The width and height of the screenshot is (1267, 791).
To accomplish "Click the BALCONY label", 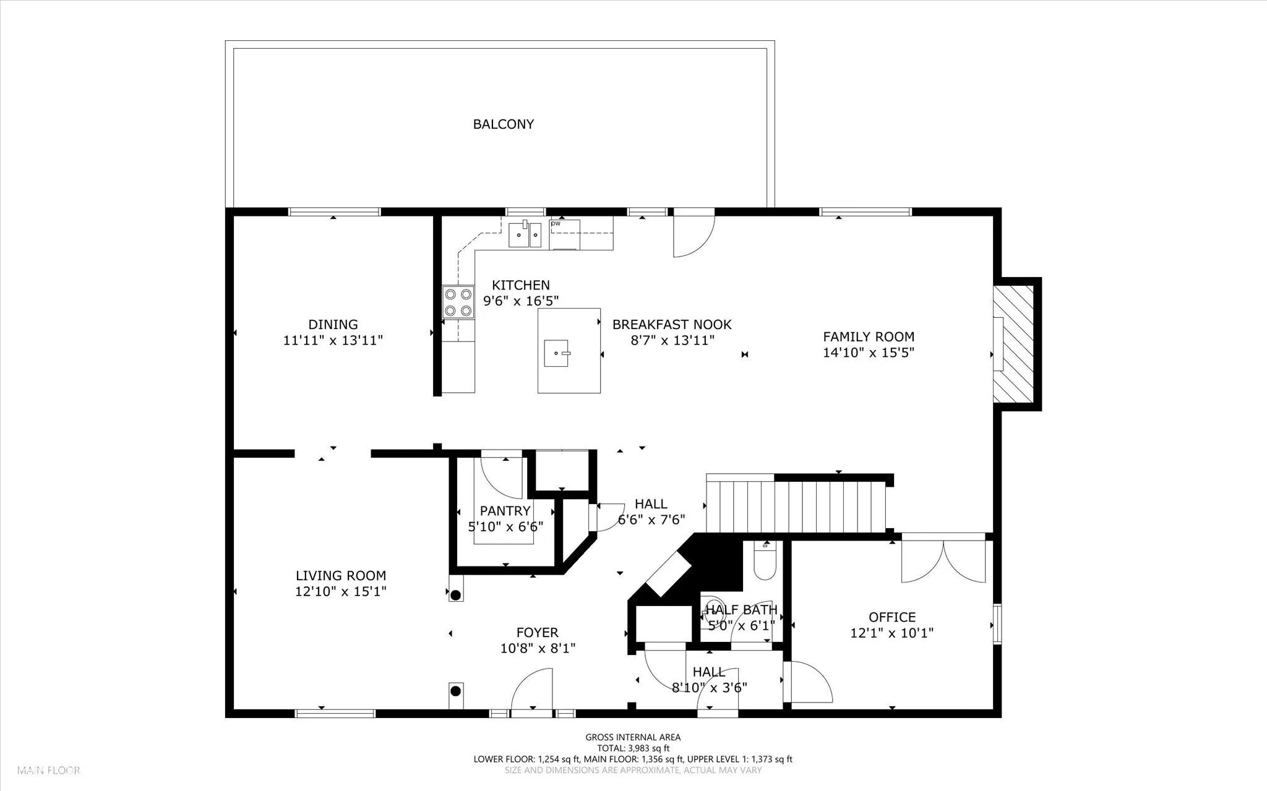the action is (x=503, y=124).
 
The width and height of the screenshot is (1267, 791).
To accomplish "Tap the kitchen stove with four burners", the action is (x=458, y=302).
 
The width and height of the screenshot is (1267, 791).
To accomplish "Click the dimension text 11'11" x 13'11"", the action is (x=333, y=340).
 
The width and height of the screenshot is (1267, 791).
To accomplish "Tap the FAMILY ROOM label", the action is (x=869, y=337).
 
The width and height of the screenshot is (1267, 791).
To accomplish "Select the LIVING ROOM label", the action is (x=341, y=576).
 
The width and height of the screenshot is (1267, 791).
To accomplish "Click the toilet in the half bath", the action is (x=765, y=560).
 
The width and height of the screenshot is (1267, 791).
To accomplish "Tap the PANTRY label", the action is (x=505, y=511).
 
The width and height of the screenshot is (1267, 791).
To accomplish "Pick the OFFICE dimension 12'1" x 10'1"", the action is (x=892, y=633).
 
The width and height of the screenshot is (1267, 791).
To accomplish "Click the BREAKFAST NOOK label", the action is (x=672, y=325).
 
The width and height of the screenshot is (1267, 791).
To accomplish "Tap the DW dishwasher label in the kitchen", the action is (x=556, y=224).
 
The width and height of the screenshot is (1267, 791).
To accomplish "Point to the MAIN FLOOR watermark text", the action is (x=49, y=771).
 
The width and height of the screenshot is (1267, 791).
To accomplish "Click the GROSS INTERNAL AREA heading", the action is (x=633, y=737).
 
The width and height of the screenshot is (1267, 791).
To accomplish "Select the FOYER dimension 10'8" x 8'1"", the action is (x=538, y=648).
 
